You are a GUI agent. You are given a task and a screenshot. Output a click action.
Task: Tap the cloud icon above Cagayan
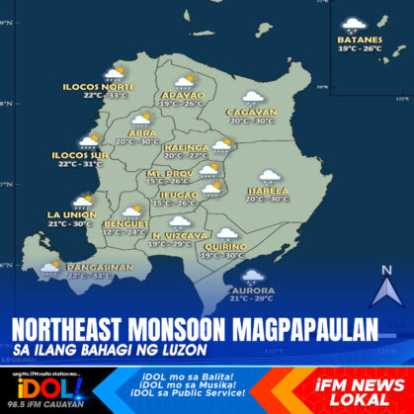pos(253,98)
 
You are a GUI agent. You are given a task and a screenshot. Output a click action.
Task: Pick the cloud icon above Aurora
pos(254,276)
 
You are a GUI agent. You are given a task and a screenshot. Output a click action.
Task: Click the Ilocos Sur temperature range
pos(80,164)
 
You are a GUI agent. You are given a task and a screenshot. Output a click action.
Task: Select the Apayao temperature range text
pos(180,104)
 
